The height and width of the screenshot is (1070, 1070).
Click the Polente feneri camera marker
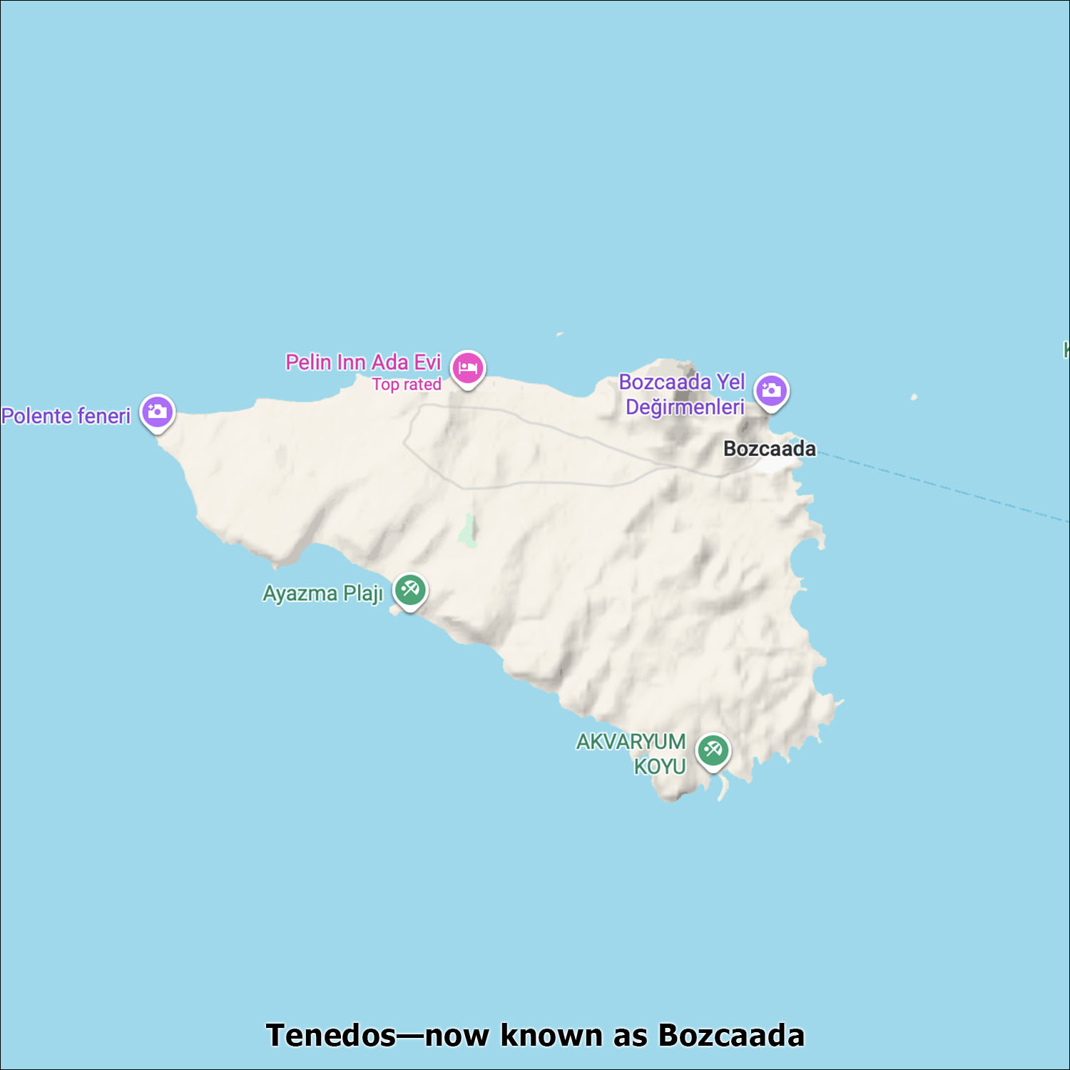tap(157, 412)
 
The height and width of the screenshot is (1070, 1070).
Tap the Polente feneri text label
tap(66, 416)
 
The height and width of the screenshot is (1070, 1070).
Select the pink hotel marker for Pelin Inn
tap(467, 368)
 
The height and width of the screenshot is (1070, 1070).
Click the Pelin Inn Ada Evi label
tap(363, 362)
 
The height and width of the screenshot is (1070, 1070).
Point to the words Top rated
tap(407, 384)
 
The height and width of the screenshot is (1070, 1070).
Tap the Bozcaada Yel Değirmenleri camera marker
tap(771, 390)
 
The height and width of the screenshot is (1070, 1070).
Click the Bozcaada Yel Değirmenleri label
tap(682, 394)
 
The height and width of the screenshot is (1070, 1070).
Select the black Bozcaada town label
tap(769, 449)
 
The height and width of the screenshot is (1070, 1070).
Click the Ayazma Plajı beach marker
tap(410, 590)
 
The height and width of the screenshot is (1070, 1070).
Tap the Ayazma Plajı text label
tap(322, 593)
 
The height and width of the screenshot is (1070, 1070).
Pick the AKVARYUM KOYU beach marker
tap(713, 750)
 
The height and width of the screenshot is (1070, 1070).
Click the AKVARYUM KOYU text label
tap(631, 754)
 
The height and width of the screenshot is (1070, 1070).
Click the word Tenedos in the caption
tap(330, 1035)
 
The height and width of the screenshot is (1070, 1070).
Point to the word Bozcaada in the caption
tap(731, 1035)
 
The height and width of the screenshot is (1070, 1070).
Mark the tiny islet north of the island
tap(560, 334)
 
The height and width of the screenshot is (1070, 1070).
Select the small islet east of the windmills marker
tap(914, 397)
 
